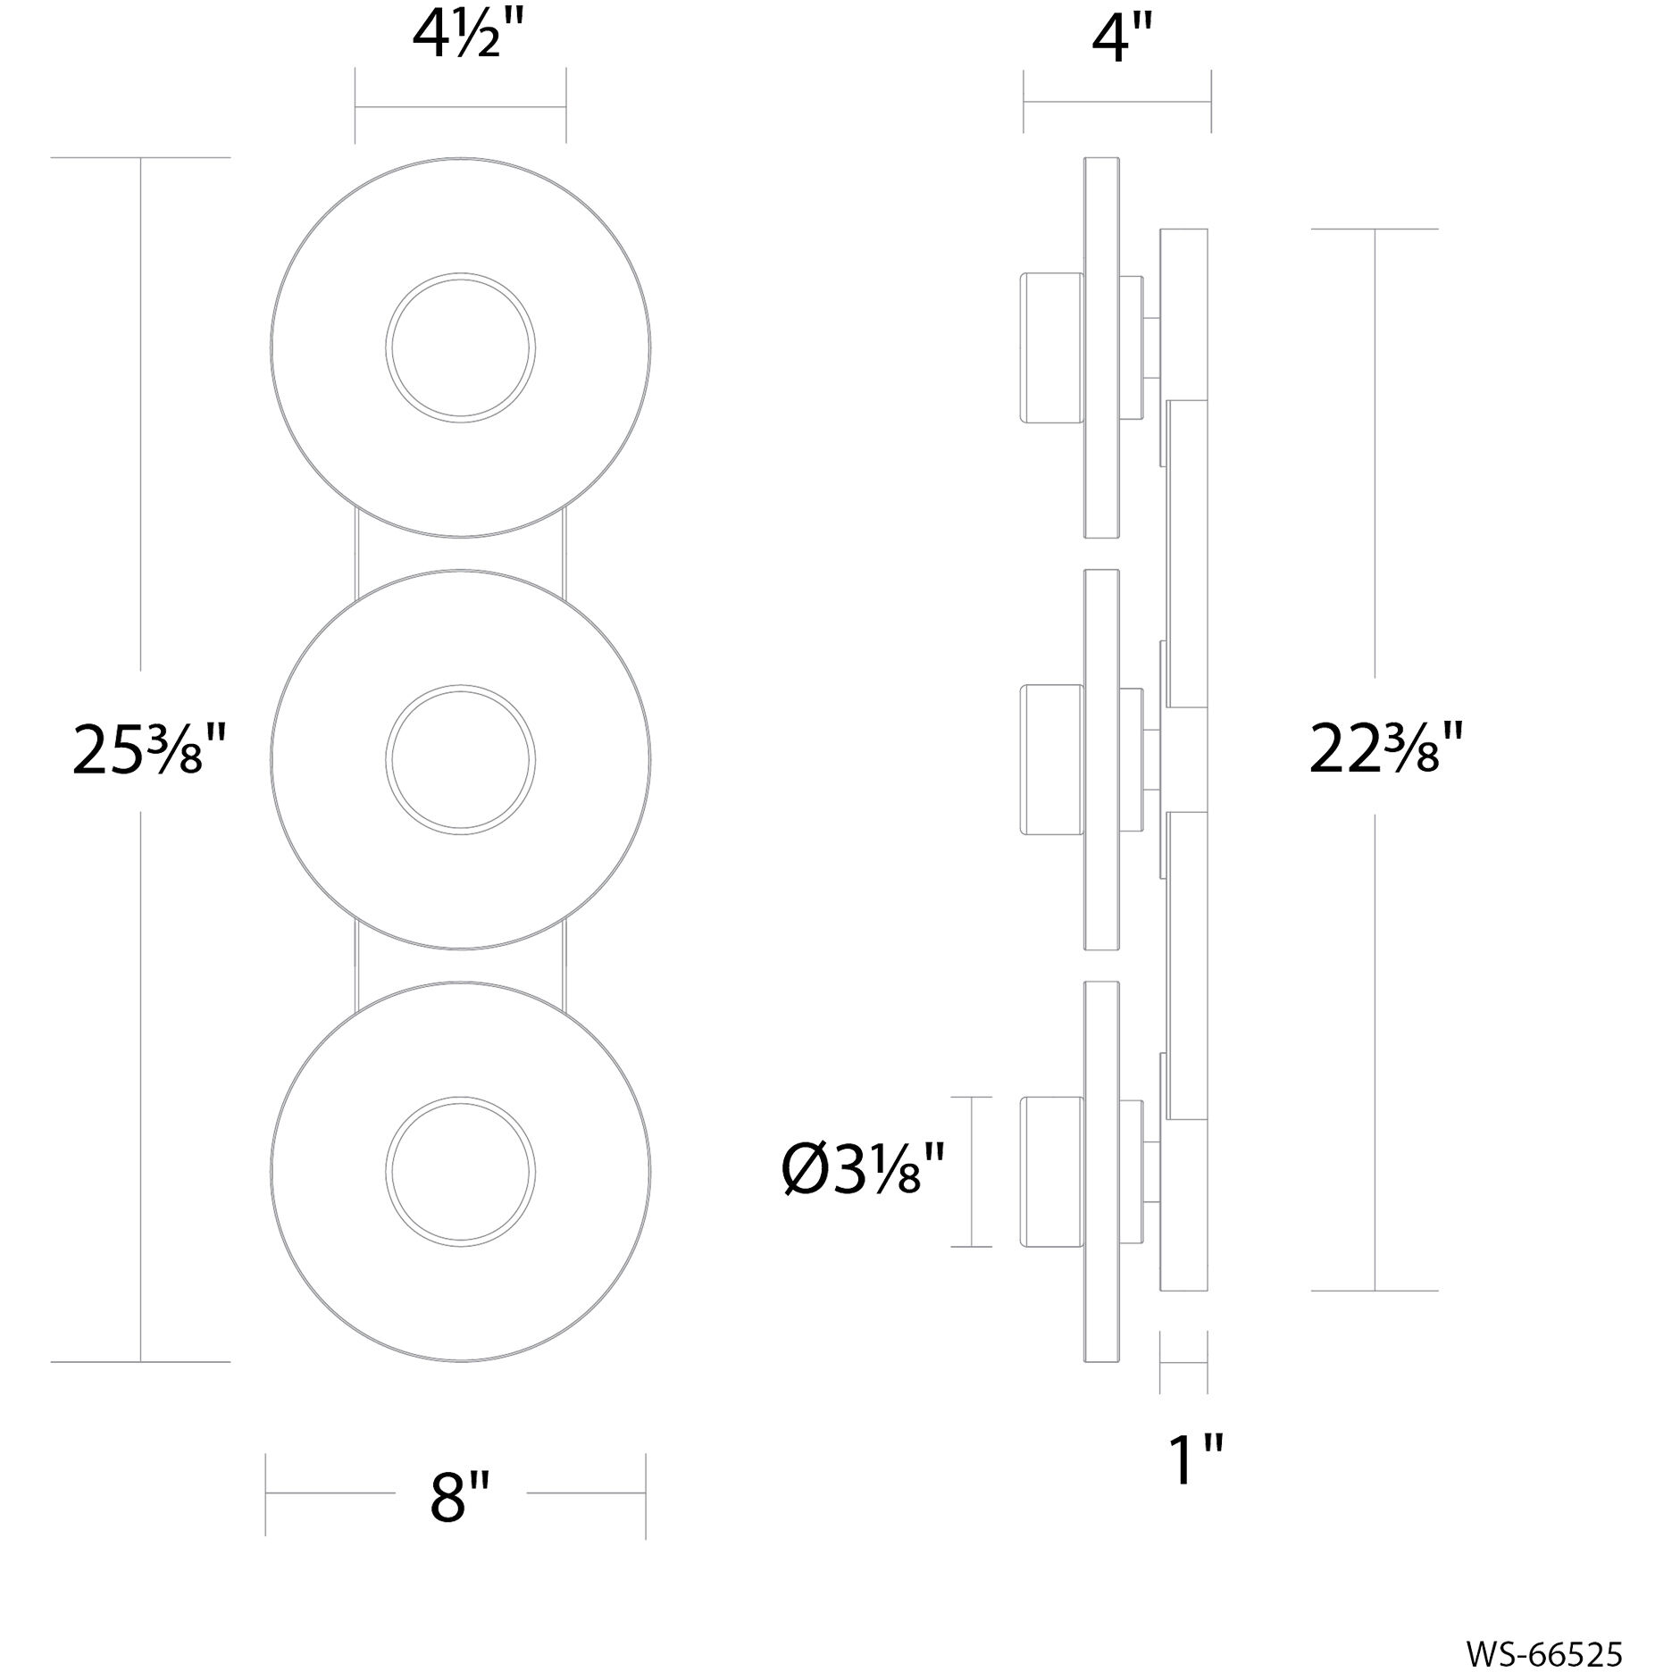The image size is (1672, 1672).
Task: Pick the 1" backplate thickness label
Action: click(x=1195, y=1460)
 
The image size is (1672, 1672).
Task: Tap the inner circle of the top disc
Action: click(x=461, y=348)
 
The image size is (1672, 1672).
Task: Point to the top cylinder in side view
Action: click(x=1051, y=348)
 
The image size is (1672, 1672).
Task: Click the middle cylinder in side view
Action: click(x=1051, y=760)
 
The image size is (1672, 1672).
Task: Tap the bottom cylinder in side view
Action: click(x=1051, y=1172)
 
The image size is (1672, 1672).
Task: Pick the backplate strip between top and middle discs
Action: click(x=461, y=554)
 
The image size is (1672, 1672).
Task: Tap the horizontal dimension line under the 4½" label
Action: click(x=461, y=107)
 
